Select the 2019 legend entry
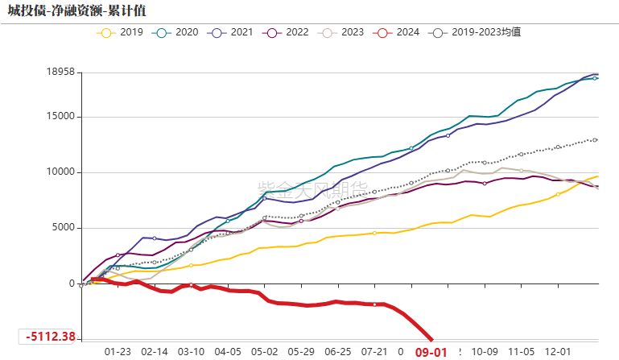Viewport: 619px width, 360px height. [122, 33]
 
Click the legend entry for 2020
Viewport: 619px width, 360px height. [176, 33]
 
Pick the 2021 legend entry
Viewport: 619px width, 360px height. [231, 33]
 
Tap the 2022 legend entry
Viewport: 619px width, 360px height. [287, 33]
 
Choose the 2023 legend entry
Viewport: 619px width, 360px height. [342, 33]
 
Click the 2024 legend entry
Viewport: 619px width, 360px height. [398, 33]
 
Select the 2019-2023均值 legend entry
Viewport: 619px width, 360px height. [474, 33]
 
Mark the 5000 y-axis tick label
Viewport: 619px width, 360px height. [60, 228]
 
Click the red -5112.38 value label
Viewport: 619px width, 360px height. [50, 337]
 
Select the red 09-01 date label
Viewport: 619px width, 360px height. [431, 352]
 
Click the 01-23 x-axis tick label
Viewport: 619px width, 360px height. [118, 352]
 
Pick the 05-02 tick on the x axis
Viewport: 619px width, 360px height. [264, 352]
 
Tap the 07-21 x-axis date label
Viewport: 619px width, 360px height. [374, 352]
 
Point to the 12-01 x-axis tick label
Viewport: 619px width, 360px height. [558, 352]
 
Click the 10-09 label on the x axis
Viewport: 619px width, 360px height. [485, 352]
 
